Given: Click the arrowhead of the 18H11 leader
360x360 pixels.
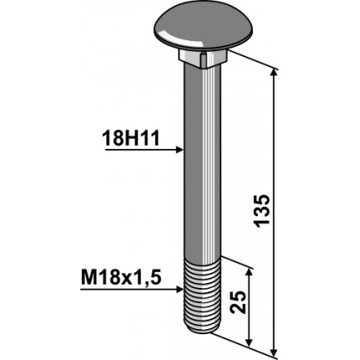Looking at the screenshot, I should click(178, 151).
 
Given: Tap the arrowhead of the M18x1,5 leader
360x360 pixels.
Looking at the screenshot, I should click(178, 285).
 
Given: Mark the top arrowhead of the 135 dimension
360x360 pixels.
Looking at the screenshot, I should click(274, 73).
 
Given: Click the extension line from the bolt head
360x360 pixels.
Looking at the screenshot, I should click(251, 61).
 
